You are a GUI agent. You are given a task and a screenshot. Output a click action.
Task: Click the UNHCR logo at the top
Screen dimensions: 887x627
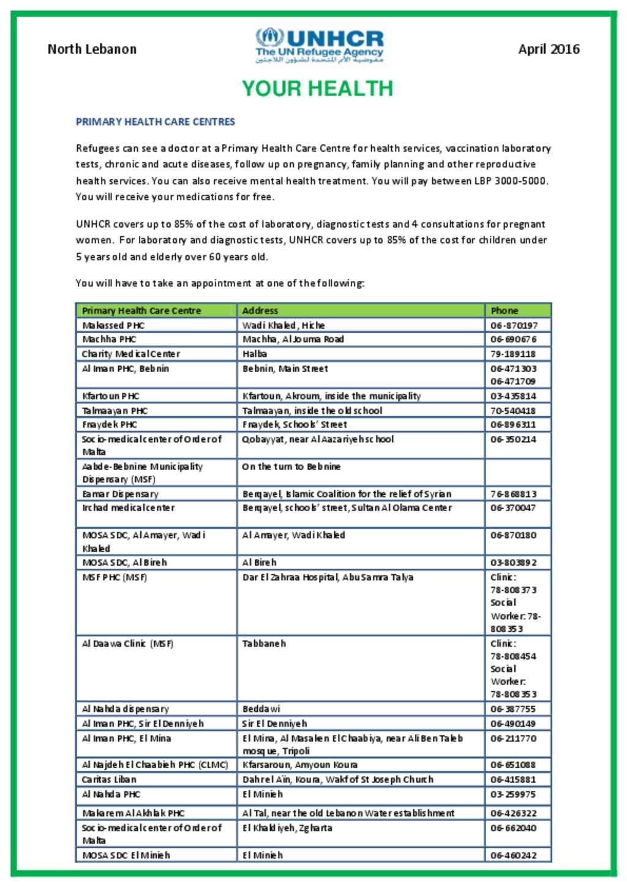pos(320,45)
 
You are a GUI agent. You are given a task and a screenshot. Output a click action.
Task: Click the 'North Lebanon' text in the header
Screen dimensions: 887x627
pos(92,49)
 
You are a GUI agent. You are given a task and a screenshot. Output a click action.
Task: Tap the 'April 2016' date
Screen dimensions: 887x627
pos(549,49)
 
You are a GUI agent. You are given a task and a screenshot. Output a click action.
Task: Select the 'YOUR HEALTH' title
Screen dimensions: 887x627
pos(317,89)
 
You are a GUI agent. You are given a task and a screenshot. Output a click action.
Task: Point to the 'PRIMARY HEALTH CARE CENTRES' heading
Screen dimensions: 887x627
pos(156,122)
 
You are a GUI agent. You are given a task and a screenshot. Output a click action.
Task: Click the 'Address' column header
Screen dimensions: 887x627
pos(260,310)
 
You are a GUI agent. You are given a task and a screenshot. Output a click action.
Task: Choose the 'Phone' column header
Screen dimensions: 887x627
pos(504,310)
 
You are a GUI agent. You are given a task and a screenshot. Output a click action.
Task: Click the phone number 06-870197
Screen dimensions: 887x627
pos(514,325)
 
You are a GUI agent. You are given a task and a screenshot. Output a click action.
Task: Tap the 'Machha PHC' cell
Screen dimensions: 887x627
pos(109,339)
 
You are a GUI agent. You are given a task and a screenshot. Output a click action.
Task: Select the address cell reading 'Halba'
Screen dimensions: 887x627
pos(255,354)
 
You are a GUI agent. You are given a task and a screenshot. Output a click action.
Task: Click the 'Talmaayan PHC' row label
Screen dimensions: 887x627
pos(115,411)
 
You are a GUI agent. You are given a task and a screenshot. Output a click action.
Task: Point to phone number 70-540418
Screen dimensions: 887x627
pos(513,411)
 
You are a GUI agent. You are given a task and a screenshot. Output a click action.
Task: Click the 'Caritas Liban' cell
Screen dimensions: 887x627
pos(109,779)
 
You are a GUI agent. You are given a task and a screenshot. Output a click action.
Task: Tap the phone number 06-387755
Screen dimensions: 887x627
pos(513,709)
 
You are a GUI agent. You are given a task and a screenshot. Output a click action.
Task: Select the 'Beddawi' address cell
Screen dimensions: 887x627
pos(261,709)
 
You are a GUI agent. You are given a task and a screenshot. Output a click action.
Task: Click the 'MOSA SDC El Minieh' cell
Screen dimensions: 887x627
pos(126,855)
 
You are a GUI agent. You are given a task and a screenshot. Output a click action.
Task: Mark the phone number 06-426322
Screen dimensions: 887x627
pos(513,813)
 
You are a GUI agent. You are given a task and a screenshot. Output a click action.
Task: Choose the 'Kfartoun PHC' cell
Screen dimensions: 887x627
pos(111,396)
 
